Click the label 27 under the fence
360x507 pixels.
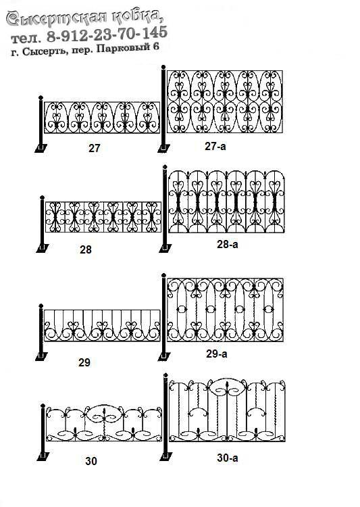(x=95, y=148)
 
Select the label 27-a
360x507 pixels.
(x=215, y=146)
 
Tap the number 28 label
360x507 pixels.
(x=86, y=249)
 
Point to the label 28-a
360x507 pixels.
(x=227, y=244)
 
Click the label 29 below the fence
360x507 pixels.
(x=84, y=362)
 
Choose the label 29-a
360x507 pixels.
(x=217, y=354)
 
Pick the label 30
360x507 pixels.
(x=91, y=461)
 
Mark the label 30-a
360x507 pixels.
(x=227, y=458)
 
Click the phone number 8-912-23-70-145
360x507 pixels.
(x=107, y=34)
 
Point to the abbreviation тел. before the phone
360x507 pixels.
(x=26, y=39)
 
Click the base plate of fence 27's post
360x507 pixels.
(x=41, y=148)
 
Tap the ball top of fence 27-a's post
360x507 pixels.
(x=163, y=67)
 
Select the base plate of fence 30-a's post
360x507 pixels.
(x=166, y=456)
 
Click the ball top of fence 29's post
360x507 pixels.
(x=41, y=306)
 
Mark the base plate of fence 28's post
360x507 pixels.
(x=43, y=248)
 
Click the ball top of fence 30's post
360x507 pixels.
(x=43, y=406)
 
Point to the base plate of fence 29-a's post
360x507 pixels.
(x=164, y=356)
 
